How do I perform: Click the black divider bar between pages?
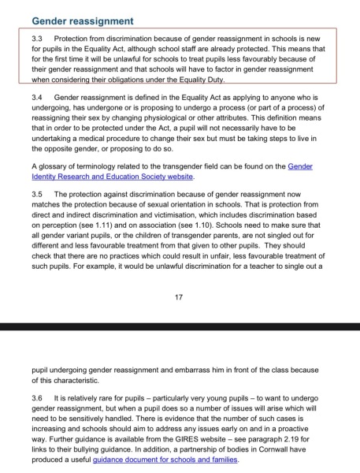180,326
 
